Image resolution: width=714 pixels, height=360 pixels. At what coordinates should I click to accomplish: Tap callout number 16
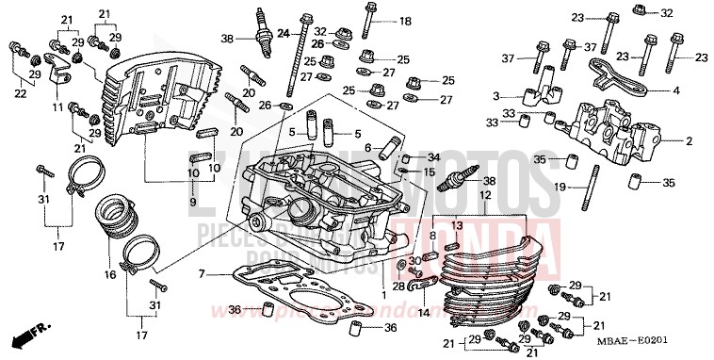tap(109, 275)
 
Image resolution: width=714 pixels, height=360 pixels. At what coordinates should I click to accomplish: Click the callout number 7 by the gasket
tap(202, 273)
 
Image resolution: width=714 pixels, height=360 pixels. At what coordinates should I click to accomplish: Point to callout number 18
tap(405, 21)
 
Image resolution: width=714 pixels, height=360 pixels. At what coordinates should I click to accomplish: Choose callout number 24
tap(282, 33)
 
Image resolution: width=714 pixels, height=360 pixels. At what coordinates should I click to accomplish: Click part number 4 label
tap(676, 91)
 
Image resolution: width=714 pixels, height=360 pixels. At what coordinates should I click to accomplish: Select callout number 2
tap(689, 141)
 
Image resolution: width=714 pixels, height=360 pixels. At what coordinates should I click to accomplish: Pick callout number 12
tap(485, 195)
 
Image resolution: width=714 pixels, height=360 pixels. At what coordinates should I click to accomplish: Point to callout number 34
tap(433, 157)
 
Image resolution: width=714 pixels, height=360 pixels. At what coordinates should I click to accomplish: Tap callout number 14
tap(423, 312)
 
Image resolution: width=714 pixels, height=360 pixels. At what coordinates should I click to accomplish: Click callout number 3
tap(495, 96)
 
